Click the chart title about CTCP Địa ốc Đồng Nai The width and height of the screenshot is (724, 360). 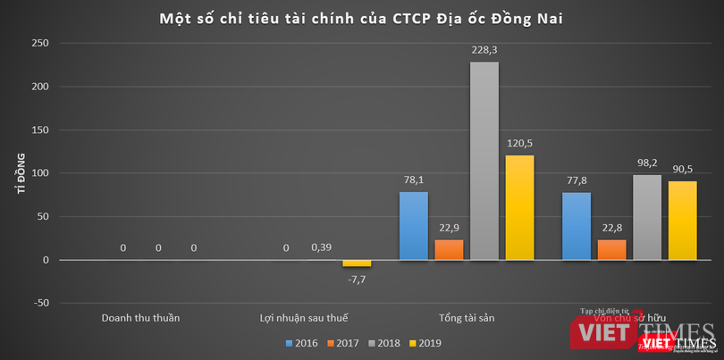click(x=362, y=18)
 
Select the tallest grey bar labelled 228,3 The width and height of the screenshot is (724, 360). click(x=484, y=161)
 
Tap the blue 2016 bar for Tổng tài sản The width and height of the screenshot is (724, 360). click(x=414, y=226)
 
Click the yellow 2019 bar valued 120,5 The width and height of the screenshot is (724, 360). click(x=519, y=207)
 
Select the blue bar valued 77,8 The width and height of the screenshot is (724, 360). click(x=577, y=226)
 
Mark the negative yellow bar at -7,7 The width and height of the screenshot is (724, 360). click(x=357, y=264)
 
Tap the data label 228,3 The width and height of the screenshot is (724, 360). click(x=484, y=50)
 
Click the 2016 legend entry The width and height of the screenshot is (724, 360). click(x=303, y=342)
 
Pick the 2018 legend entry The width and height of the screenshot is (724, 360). click(x=383, y=342)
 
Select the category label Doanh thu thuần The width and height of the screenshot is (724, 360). click(x=140, y=317)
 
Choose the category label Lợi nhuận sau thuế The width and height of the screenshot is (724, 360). click(x=304, y=317)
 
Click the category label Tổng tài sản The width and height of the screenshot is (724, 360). click(x=467, y=317)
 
